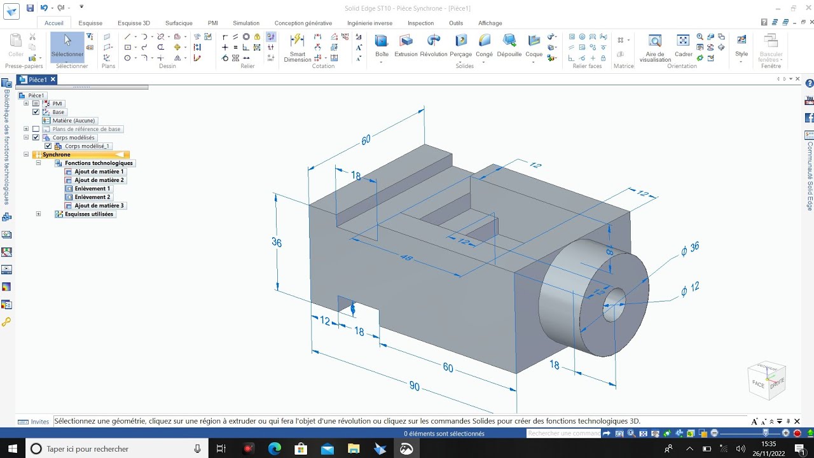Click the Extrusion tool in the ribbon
click(406, 45)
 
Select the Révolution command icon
click(434, 45)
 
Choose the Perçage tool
click(461, 45)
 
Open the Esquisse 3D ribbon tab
click(134, 23)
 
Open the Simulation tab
click(245, 23)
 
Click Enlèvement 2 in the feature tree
click(92, 197)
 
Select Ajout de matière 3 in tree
click(99, 205)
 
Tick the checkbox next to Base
click(36, 112)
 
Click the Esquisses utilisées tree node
click(88, 214)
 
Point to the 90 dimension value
click(415, 386)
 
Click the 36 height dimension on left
click(277, 242)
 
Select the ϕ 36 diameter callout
click(690, 249)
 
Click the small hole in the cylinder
click(614, 305)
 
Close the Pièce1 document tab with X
click(53, 80)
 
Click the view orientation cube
click(768, 380)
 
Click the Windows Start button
click(12, 448)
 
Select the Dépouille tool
click(509, 45)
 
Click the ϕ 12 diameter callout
click(690, 289)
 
